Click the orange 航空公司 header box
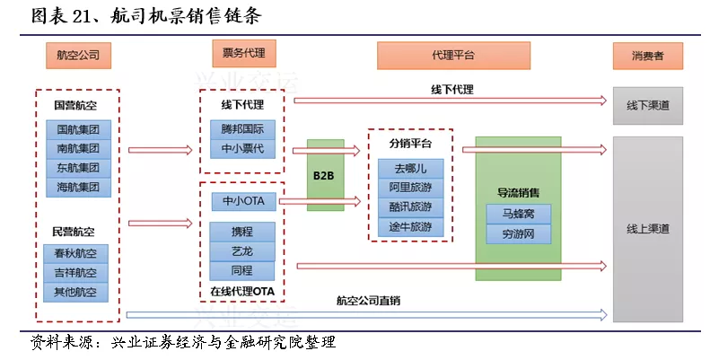[78, 56]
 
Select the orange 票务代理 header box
[243, 53]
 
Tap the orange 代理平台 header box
[453, 56]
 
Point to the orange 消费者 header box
[647, 56]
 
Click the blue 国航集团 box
[78, 129]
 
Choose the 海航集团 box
[78, 187]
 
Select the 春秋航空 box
[75, 253]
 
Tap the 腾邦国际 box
[242, 129]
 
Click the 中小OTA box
[243, 201]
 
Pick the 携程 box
[242, 232]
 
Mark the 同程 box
[242, 271]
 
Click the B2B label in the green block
[323, 175]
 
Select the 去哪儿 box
[411, 169]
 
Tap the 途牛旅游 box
[411, 226]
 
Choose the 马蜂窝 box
[519, 214]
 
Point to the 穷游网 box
[519, 234]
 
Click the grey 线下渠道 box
[648, 106]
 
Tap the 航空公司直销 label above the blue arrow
[368, 301]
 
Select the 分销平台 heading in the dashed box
[410, 144]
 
